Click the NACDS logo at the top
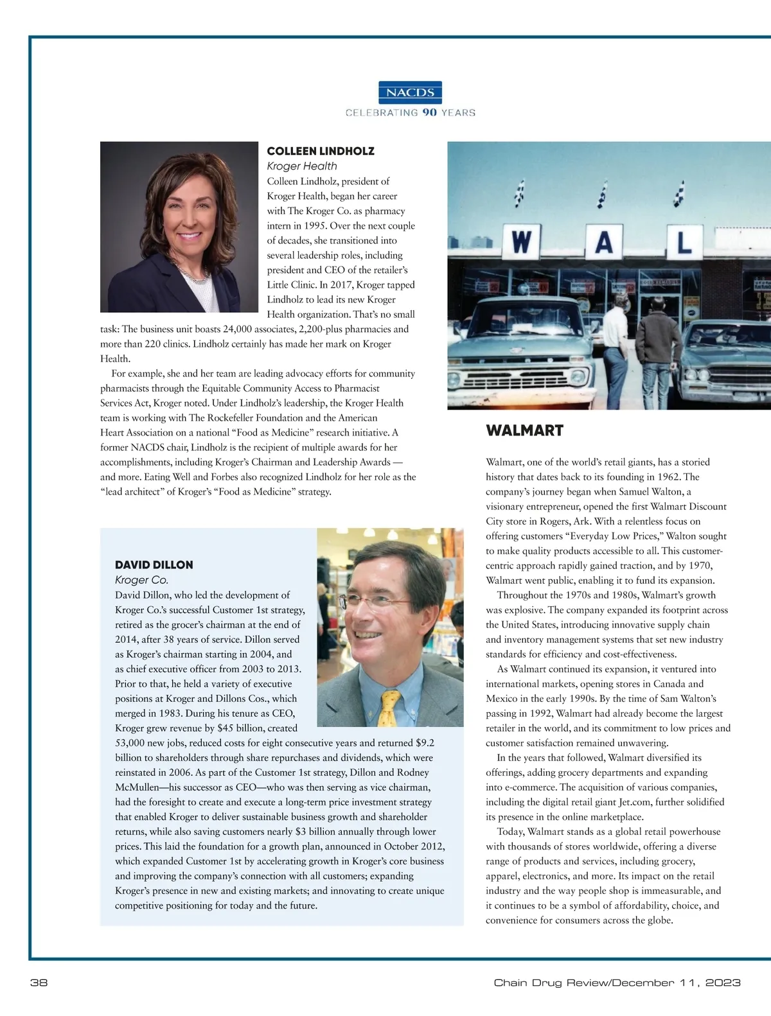coord(410,92)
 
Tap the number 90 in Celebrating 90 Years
coord(429,112)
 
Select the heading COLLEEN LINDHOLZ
coord(321,151)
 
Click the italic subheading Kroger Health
coord(302,166)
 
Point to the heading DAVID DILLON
coord(154,565)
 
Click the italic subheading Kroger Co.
coord(141,580)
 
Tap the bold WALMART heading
coord(524,430)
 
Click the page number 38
coord(39,983)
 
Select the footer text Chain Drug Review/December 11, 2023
coord(617,983)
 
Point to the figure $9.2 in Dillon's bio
coord(425,743)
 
